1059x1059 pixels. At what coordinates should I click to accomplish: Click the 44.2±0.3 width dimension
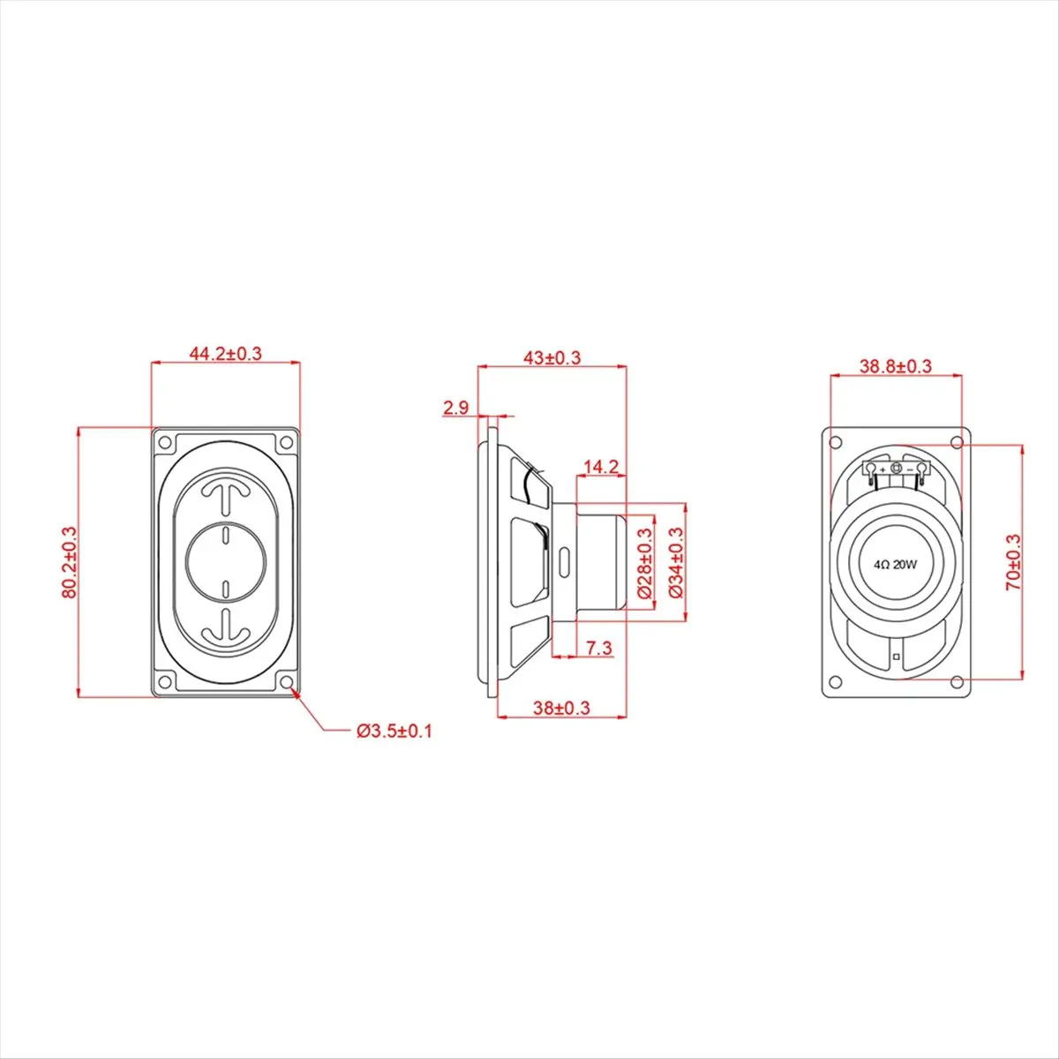tap(226, 354)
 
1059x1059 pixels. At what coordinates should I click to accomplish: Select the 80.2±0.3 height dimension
tap(70, 563)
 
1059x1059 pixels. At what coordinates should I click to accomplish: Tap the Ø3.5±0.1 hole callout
tap(394, 732)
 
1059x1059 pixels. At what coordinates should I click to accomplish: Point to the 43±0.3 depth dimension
tap(552, 357)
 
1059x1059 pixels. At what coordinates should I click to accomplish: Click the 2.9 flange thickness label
tap(456, 408)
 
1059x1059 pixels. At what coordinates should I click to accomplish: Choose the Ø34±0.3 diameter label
tap(677, 563)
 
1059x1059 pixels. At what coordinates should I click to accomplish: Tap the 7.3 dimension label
tap(598, 649)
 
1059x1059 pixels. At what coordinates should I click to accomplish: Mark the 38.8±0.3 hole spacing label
tap(896, 366)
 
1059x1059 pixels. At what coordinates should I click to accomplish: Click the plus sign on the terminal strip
tap(883, 469)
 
